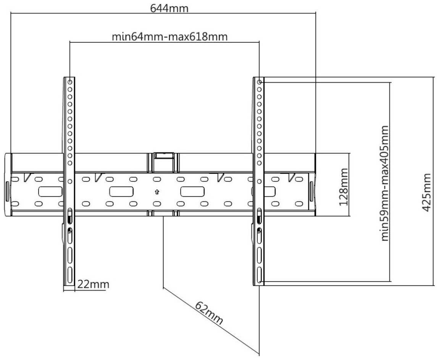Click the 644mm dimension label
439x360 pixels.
[x=169, y=8]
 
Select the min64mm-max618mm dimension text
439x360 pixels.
[x=169, y=37]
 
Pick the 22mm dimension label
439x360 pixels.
[x=93, y=285]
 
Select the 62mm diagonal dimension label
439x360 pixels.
[x=209, y=313]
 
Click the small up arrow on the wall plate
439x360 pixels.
[x=157, y=192]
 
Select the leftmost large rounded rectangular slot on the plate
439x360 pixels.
[x=50, y=192]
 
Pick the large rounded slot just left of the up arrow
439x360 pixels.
[x=121, y=192]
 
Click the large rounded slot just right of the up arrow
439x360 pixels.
[x=192, y=192]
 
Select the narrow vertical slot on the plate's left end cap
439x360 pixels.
[x=7, y=192]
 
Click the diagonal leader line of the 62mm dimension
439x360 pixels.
[x=211, y=320]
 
